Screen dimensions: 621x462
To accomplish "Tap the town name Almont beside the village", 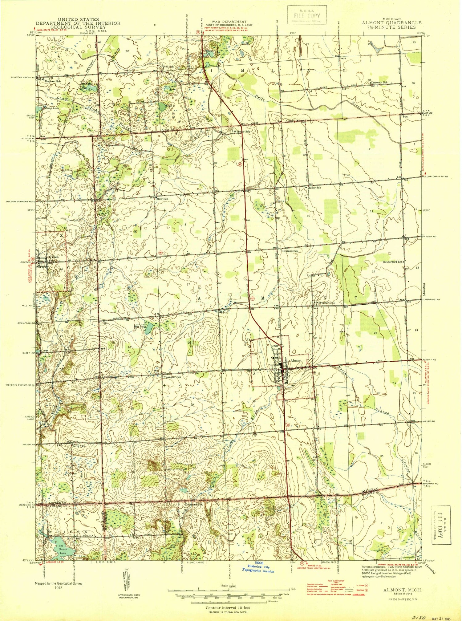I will click(x=296, y=360).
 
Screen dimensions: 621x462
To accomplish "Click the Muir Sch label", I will click(x=163, y=199).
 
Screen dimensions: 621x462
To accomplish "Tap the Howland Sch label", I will click(x=290, y=251).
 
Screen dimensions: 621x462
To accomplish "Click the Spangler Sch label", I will click(x=173, y=377).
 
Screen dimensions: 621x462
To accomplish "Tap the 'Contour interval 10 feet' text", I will click(x=228, y=608).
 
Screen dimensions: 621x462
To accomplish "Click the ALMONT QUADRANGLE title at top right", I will click(x=391, y=23).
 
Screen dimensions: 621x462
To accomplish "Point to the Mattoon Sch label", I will click(x=53, y=81).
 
